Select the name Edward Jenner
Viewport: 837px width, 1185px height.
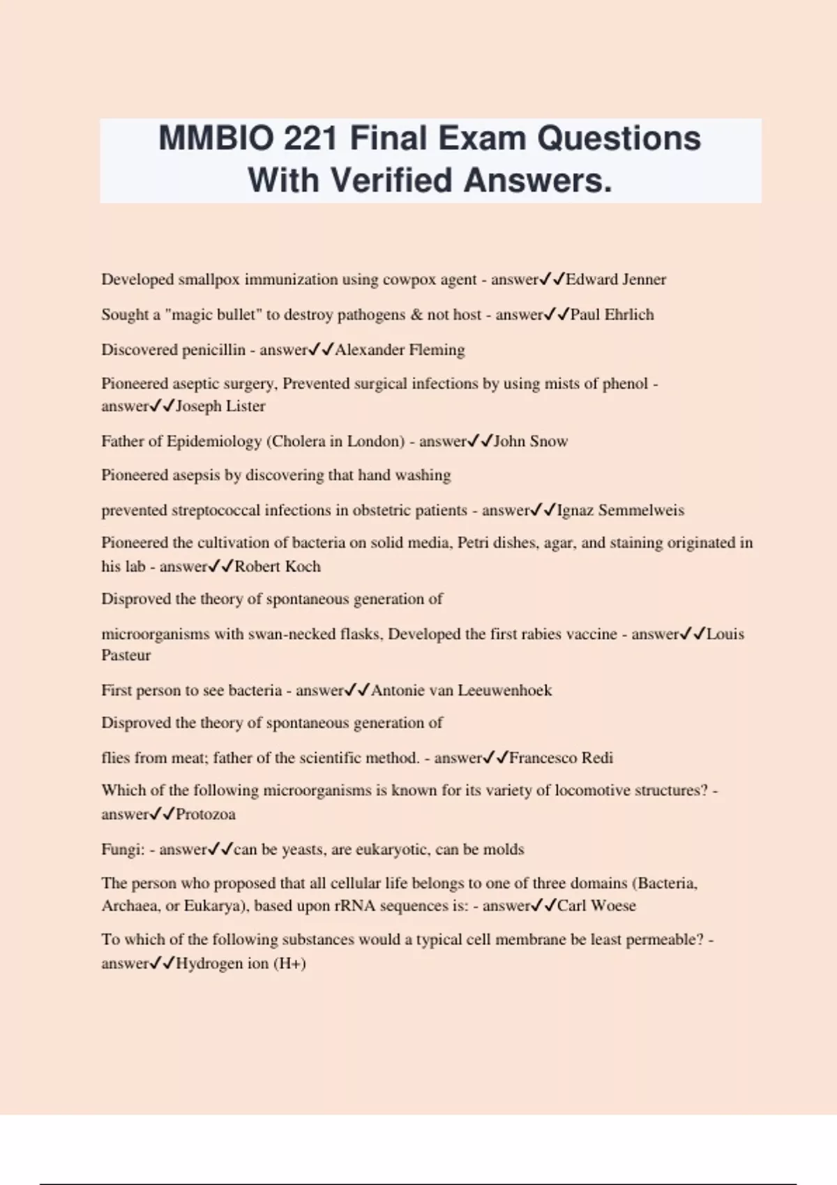pyautogui.click(x=616, y=280)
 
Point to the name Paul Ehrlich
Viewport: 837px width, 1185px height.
pyautogui.click(x=612, y=314)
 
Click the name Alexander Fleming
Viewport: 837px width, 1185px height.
pyautogui.click(x=400, y=350)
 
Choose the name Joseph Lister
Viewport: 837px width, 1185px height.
pyautogui.click(x=220, y=406)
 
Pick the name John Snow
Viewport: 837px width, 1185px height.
pyautogui.click(x=531, y=441)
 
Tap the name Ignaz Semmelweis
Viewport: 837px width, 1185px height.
pyautogui.click(x=620, y=510)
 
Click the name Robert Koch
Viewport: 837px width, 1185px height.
pyautogui.click(x=278, y=567)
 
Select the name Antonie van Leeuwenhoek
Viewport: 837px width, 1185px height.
pyautogui.click(x=461, y=691)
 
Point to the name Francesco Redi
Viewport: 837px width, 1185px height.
pyautogui.click(x=561, y=758)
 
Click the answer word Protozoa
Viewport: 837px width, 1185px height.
pyautogui.click(x=206, y=814)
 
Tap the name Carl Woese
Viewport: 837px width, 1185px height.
pyautogui.click(x=596, y=906)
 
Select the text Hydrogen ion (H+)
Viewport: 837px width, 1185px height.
pyautogui.click(x=241, y=964)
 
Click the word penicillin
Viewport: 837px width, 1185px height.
pyautogui.click(x=213, y=350)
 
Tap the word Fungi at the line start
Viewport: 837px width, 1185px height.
pyautogui.click(x=119, y=850)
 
